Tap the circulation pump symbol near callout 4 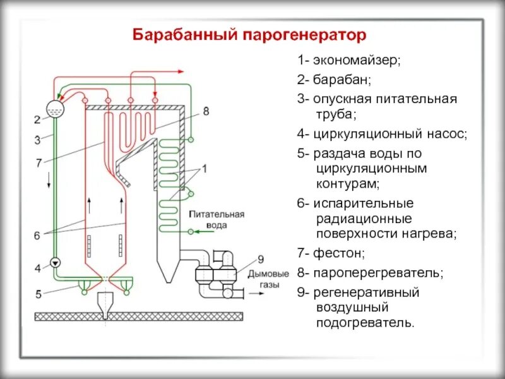tap(55, 262)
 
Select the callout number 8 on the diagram tap(206, 111)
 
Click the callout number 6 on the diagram tap(37, 235)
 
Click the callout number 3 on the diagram tap(37, 140)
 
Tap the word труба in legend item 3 tap(336, 114)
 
